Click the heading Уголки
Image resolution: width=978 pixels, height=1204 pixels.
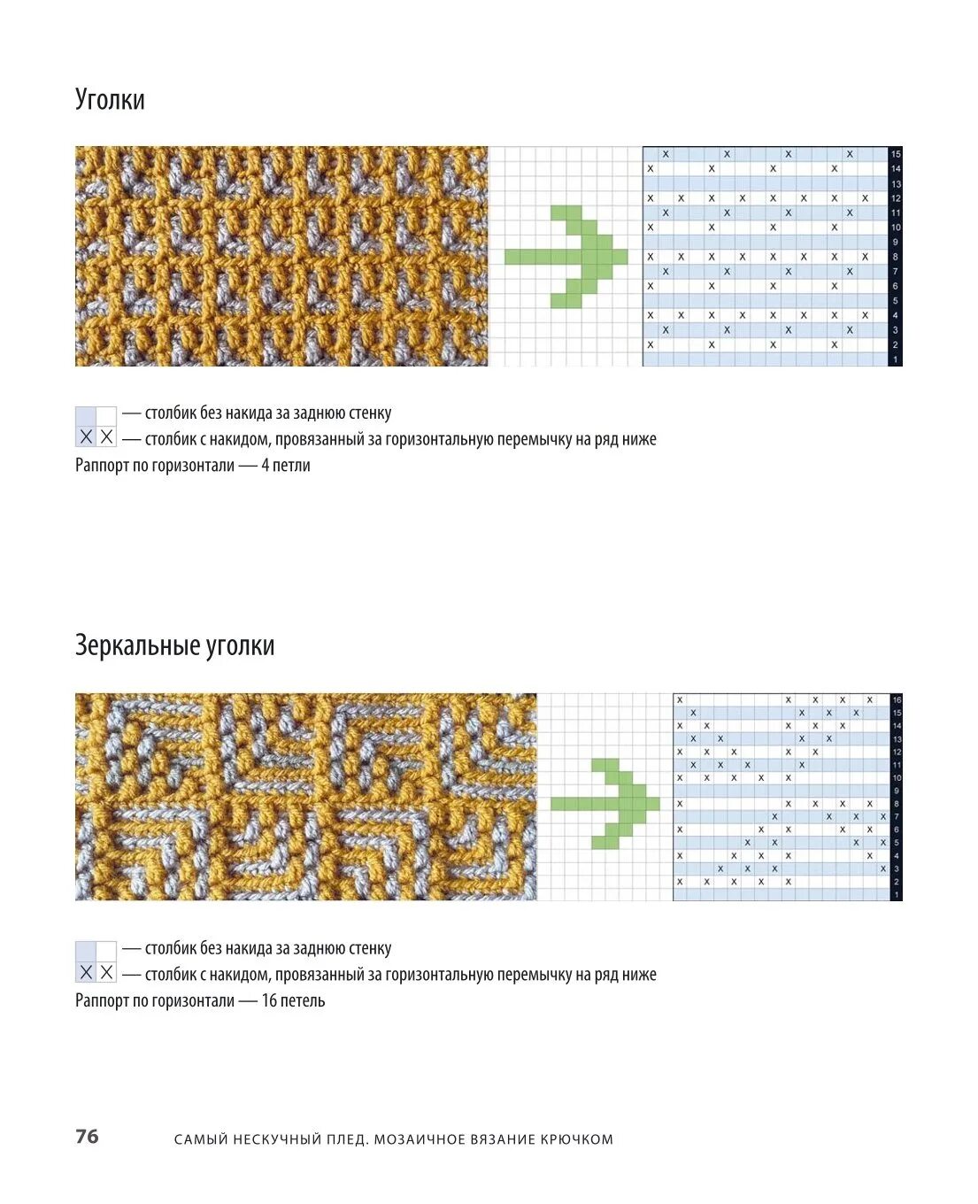pos(110,99)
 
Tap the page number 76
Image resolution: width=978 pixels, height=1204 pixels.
pos(87,1136)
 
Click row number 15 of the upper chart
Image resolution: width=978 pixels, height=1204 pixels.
pos(896,154)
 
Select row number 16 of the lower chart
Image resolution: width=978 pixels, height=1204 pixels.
pos(897,699)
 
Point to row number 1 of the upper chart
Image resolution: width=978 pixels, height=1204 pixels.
pos(896,359)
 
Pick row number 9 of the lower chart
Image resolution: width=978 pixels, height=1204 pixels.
pos(897,791)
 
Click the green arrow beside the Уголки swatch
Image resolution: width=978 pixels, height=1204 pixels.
pos(566,257)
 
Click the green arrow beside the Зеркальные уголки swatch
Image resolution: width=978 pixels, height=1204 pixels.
pos(605,803)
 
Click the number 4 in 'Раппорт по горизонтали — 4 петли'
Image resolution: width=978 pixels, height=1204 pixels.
pos(265,465)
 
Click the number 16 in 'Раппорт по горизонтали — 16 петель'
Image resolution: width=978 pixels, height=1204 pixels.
pos(268,1000)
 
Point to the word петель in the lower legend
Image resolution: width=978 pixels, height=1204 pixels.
pos(303,1000)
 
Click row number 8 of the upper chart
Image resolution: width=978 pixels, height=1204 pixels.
pos(896,257)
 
